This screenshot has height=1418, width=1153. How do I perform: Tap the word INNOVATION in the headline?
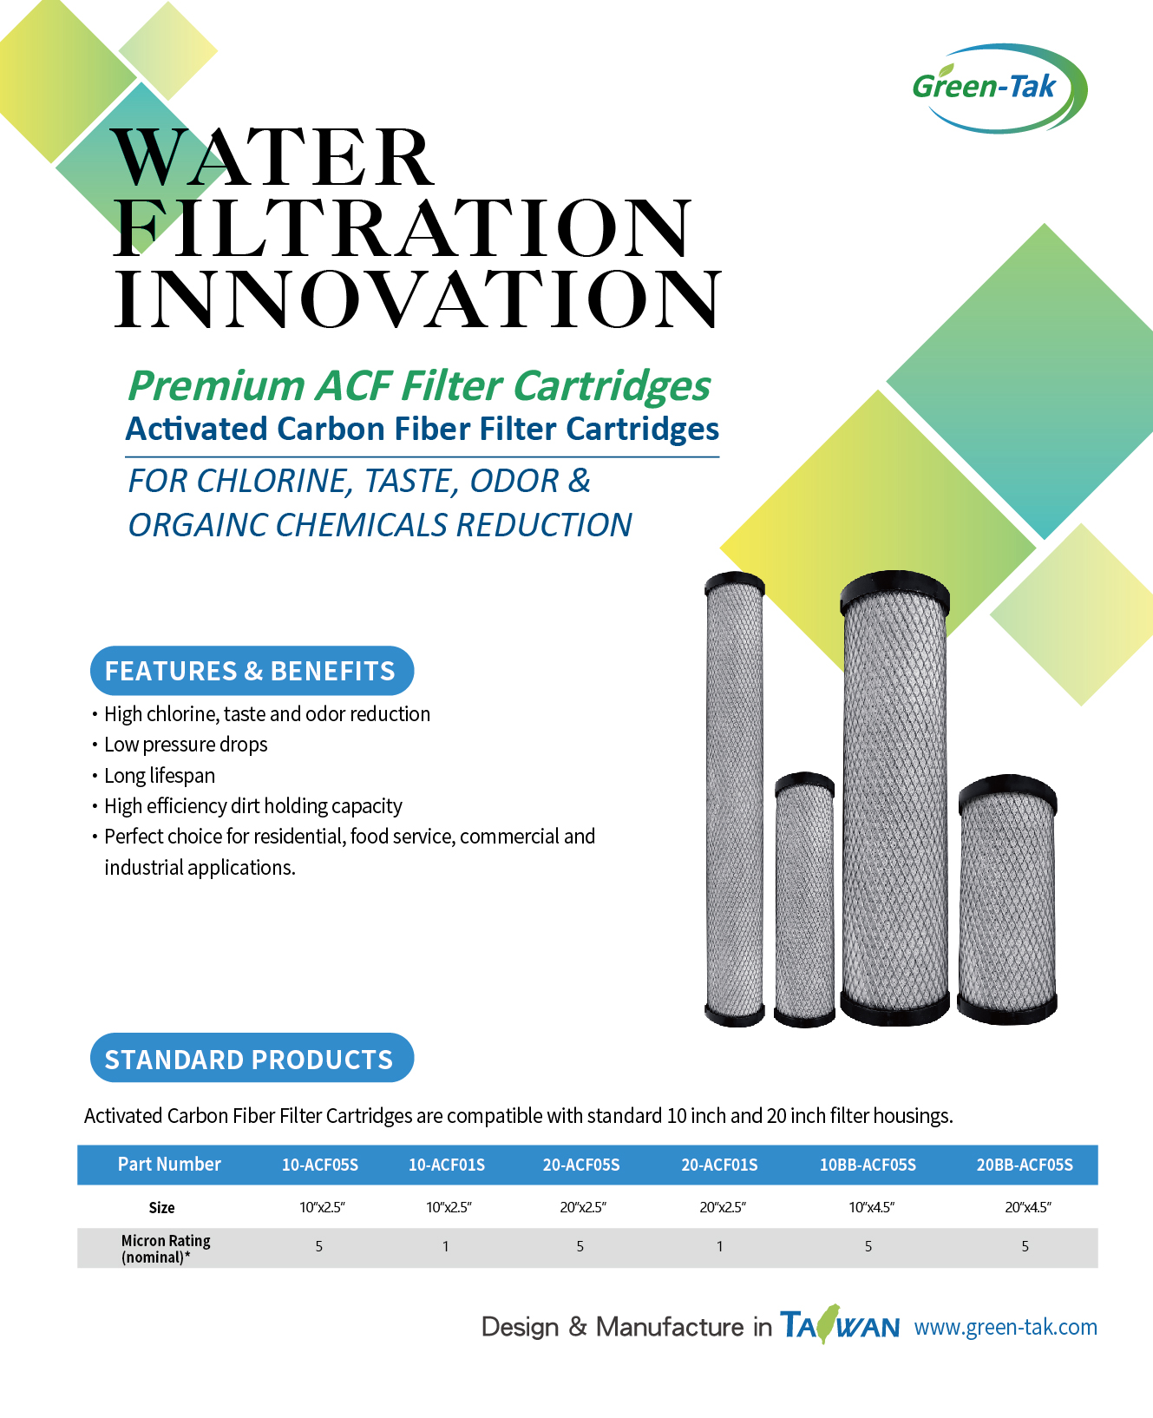416,299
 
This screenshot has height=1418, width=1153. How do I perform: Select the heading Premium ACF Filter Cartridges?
419,386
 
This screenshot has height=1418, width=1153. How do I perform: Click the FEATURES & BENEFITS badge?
251,671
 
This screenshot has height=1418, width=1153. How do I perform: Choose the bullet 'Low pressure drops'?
186,745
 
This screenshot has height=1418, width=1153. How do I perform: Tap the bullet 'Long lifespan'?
160,776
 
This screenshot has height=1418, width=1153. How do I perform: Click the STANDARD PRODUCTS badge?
251,1059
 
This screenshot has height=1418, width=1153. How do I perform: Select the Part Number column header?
169,1165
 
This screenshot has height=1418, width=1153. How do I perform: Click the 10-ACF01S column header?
447,1165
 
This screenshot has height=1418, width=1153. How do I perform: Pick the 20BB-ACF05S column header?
1025,1165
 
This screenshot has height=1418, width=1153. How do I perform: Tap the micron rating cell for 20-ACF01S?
719,1247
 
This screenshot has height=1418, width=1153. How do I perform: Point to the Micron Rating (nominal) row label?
165,1249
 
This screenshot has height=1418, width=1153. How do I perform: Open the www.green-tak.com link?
1006,1327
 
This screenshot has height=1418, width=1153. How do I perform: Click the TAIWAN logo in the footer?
839,1325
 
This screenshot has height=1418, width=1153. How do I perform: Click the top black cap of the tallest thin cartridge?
735,585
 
